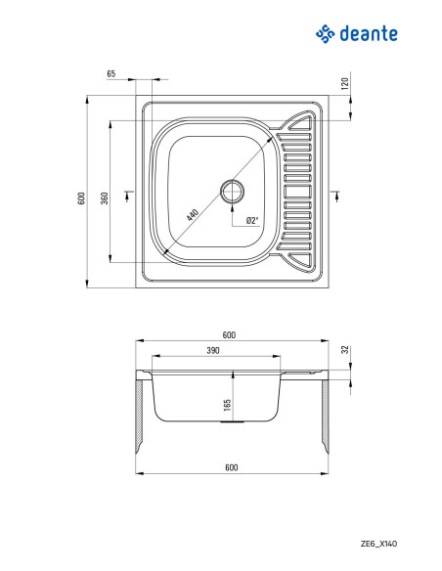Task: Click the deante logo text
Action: click(369, 34)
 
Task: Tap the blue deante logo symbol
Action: click(325, 34)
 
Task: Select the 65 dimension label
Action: click(111, 73)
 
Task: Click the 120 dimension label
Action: click(345, 83)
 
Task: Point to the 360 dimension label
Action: click(105, 198)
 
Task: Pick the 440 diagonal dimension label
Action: click(193, 215)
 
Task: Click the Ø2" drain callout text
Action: click(252, 220)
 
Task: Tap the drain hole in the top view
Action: click(232, 192)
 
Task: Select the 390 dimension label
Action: click(213, 350)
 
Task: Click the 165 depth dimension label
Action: click(227, 405)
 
